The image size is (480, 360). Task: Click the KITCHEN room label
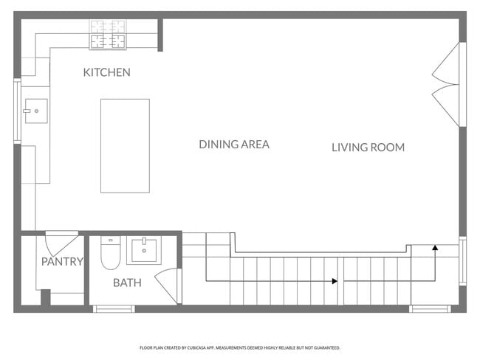(x=106, y=72)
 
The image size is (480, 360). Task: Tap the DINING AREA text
(x=233, y=145)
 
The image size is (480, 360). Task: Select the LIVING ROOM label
(x=368, y=148)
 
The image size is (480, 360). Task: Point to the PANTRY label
(x=62, y=262)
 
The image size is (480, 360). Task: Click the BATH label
(x=127, y=283)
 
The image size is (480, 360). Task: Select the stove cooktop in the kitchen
(x=108, y=34)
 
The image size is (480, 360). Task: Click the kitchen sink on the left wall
(x=35, y=111)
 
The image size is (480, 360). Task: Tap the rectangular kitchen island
(x=125, y=145)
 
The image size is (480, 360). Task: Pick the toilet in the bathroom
(x=111, y=252)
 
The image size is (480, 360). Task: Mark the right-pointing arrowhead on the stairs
(x=335, y=281)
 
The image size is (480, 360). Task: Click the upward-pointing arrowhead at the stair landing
(x=435, y=249)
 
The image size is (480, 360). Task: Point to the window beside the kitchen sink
(x=17, y=111)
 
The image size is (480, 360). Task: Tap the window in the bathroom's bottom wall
(x=114, y=308)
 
